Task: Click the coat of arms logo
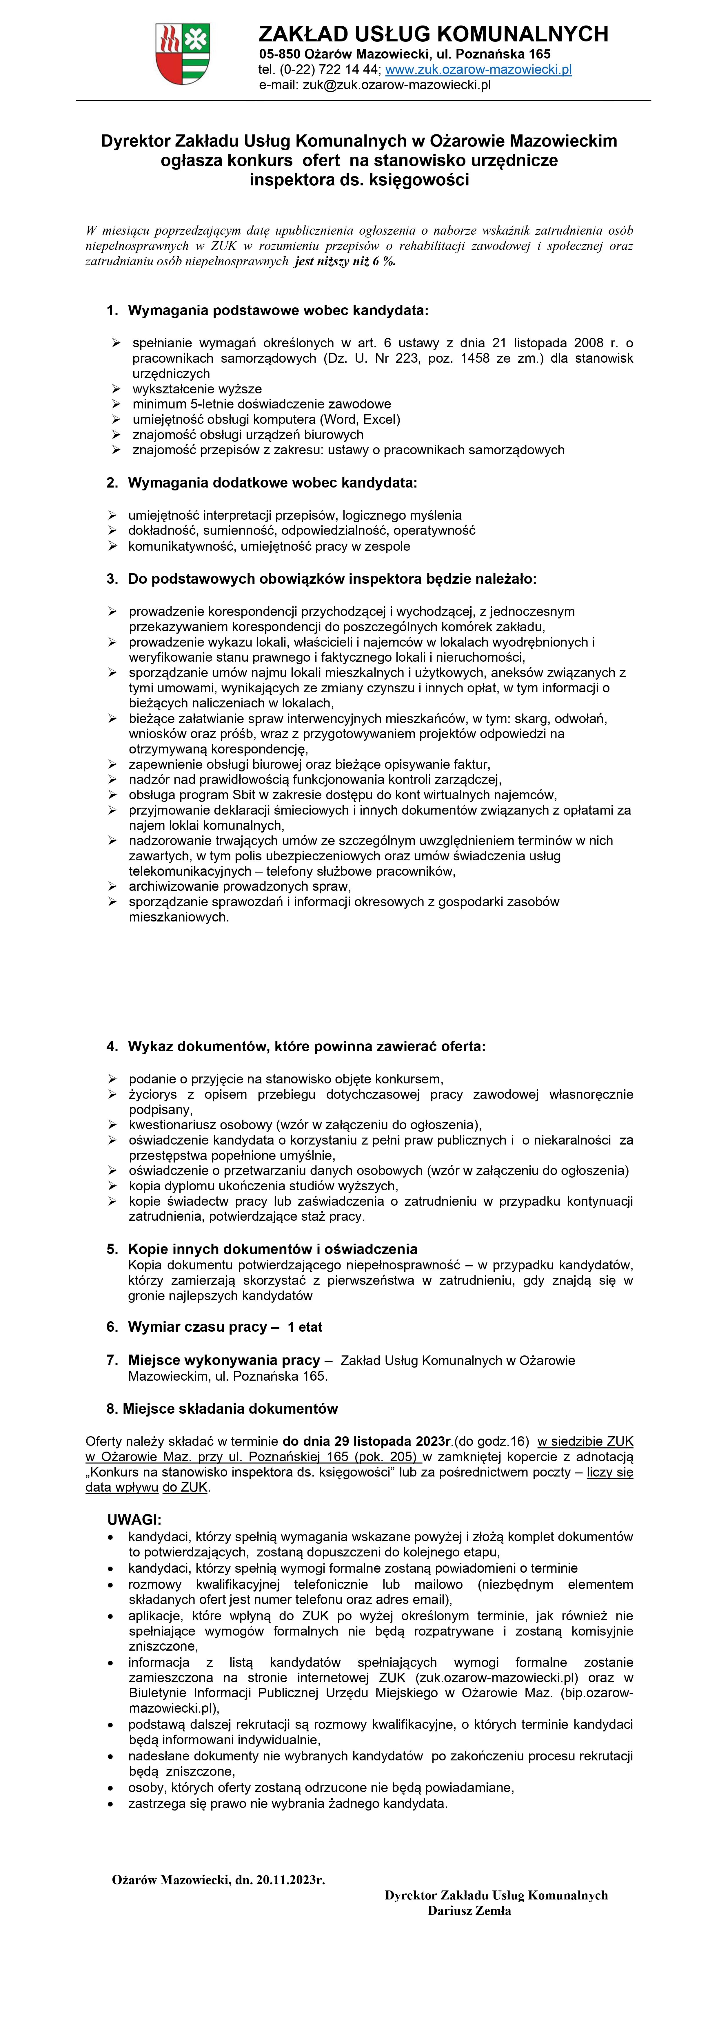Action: click(183, 54)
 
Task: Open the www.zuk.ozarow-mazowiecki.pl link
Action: click(478, 70)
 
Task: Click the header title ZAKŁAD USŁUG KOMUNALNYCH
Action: click(433, 34)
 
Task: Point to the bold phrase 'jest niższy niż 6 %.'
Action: click(345, 261)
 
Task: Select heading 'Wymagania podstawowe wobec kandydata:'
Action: click(278, 310)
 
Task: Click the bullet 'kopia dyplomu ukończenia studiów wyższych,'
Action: click(264, 1185)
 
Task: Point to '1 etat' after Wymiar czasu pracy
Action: click(305, 1327)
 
